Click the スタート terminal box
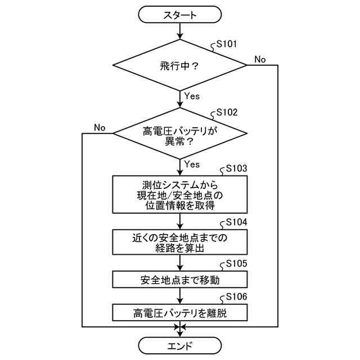click(180, 15)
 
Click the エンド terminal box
click(180, 345)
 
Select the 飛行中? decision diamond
click(180, 66)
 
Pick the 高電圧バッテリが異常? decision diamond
click(180, 134)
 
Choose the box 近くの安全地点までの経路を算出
click(180, 242)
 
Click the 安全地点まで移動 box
click(180, 280)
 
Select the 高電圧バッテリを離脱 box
click(180, 313)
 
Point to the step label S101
click(227, 43)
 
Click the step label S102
click(227, 112)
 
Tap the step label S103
click(236, 168)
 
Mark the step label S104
click(236, 222)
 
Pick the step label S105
click(236, 263)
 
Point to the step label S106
click(236, 296)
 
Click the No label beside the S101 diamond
click(260, 60)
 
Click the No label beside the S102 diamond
click(100, 128)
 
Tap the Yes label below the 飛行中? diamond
click(192, 96)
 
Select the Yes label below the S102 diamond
click(192, 164)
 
